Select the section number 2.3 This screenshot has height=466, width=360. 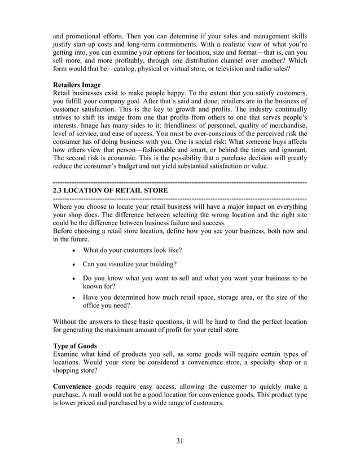[58, 191]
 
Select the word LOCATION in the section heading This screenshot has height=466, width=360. [91, 191]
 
